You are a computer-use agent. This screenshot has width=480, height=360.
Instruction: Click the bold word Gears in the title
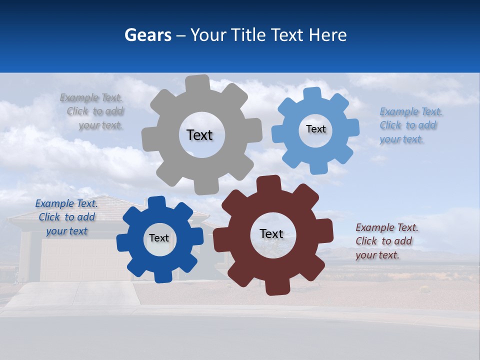[147, 35]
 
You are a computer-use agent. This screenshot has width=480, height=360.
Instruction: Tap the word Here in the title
[327, 35]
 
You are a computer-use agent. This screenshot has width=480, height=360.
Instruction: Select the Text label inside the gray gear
[199, 135]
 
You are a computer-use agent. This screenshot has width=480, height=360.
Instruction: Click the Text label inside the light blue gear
[315, 129]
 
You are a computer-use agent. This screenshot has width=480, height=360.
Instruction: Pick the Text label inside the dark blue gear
[159, 238]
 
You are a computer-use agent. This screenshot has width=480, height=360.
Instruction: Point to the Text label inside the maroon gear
[271, 233]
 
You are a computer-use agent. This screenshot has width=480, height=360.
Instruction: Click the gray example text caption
[92, 111]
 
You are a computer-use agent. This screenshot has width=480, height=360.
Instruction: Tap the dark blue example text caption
[66, 217]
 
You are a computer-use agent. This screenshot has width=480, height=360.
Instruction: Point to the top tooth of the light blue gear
[312, 94]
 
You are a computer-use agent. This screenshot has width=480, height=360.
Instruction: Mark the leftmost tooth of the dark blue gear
[123, 242]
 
